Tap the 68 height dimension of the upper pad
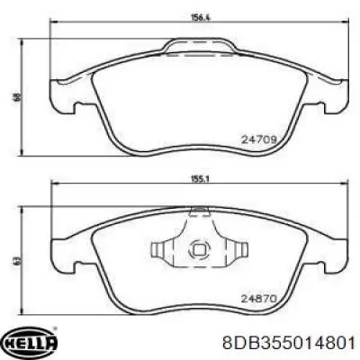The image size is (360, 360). pos(18,97)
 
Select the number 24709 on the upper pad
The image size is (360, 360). pos(258,139)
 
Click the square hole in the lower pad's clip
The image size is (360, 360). pos(199,249)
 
